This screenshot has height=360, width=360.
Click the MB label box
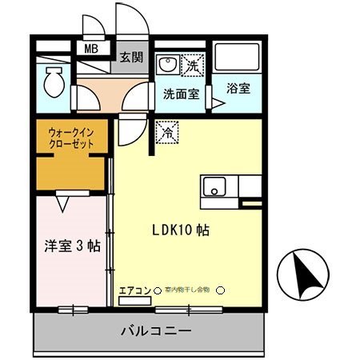click(x=92, y=49)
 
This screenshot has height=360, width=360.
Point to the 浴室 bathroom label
click(x=238, y=89)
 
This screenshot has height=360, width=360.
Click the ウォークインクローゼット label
click(x=72, y=138)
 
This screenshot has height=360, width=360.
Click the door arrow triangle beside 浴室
click(x=217, y=103)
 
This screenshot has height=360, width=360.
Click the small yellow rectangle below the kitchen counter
click(x=250, y=204)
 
